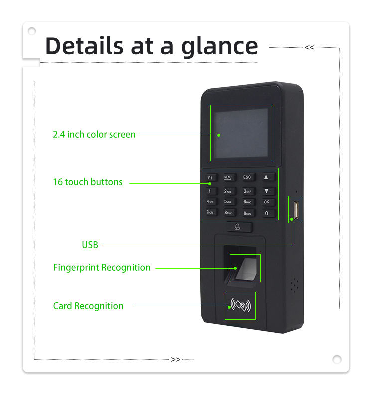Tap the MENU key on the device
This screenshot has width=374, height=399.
point(229,177)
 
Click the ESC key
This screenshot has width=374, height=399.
point(248,177)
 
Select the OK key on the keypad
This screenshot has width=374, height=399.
point(267,202)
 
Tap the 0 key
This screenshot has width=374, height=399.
point(267,213)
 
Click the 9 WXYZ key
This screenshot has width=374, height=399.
point(248,213)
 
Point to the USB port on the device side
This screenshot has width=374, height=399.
point(295,209)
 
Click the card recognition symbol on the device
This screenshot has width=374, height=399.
point(240,306)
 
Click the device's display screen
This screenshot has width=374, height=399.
point(241,133)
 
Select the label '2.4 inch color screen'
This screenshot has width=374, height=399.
point(94,135)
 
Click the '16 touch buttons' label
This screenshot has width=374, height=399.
point(88,182)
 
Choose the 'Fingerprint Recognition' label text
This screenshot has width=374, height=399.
point(102,268)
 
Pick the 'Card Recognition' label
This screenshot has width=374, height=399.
point(88,306)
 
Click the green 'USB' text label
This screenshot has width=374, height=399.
point(90,245)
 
